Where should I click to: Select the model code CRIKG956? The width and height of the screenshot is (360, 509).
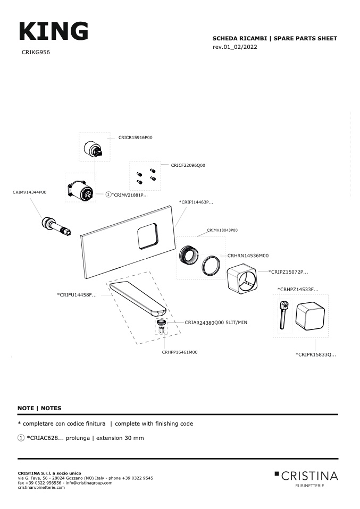(36, 53)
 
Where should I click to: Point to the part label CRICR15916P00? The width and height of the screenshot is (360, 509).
(136, 137)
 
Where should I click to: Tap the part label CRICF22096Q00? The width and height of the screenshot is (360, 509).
(188, 165)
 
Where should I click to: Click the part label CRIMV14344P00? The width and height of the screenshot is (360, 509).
(29, 192)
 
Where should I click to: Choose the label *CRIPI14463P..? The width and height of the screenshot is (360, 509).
(196, 202)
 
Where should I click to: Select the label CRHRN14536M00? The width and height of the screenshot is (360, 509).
(248, 256)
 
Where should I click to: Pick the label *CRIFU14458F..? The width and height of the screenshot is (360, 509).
(77, 294)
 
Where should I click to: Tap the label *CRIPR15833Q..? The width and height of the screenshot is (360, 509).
(316, 354)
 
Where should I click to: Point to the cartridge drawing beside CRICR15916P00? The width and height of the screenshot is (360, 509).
(94, 147)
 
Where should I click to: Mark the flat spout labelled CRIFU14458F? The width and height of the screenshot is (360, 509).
(139, 298)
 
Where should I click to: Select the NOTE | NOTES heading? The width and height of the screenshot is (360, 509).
(39, 408)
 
